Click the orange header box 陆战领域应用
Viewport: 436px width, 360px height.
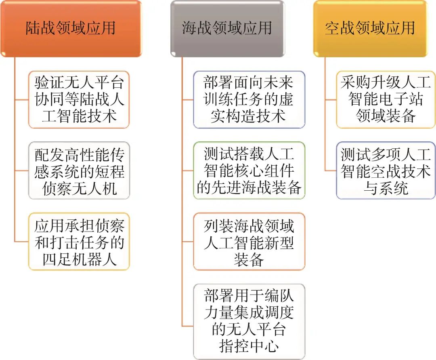click(x=71, y=29)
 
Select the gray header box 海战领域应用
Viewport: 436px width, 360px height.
click(x=227, y=29)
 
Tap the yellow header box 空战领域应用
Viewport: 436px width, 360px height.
click(x=370, y=29)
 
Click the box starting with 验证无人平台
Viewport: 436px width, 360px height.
click(x=79, y=100)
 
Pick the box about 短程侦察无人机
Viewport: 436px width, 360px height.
click(x=79, y=171)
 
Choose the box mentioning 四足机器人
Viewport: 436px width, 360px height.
click(x=79, y=242)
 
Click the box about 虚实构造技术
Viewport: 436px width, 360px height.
click(x=249, y=100)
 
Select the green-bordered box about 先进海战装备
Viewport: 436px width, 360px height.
click(x=249, y=171)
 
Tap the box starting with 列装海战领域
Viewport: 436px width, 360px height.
click(x=249, y=242)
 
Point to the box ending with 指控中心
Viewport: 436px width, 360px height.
click(x=249, y=322)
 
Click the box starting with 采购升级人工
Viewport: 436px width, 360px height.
click(x=386, y=100)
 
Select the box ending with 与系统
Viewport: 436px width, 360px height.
click(x=386, y=171)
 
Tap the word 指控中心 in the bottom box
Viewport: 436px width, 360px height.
click(x=249, y=346)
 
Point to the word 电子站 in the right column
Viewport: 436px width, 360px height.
click(x=401, y=99)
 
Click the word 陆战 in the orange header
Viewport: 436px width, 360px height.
click(x=41, y=28)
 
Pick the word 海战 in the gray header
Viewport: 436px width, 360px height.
click(x=197, y=28)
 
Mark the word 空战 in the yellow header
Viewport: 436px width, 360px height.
click(x=340, y=28)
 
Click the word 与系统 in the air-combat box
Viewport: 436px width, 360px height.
click(x=386, y=188)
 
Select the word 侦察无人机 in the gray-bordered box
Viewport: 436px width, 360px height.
click(x=80, y=188)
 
